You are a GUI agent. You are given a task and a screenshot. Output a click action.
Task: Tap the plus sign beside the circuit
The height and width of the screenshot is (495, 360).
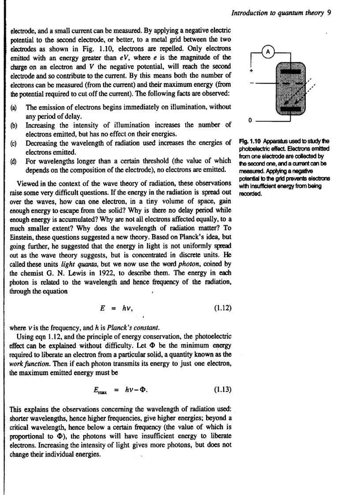click(x=250, y=71)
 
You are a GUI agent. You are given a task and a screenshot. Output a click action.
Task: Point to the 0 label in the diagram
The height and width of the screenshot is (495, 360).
click(x=250, y=119)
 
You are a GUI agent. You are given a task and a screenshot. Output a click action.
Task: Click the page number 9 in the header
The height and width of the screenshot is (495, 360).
click(x=329, y=13)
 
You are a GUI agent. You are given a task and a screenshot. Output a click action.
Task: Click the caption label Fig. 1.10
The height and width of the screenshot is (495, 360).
click(x=247, y=141)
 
